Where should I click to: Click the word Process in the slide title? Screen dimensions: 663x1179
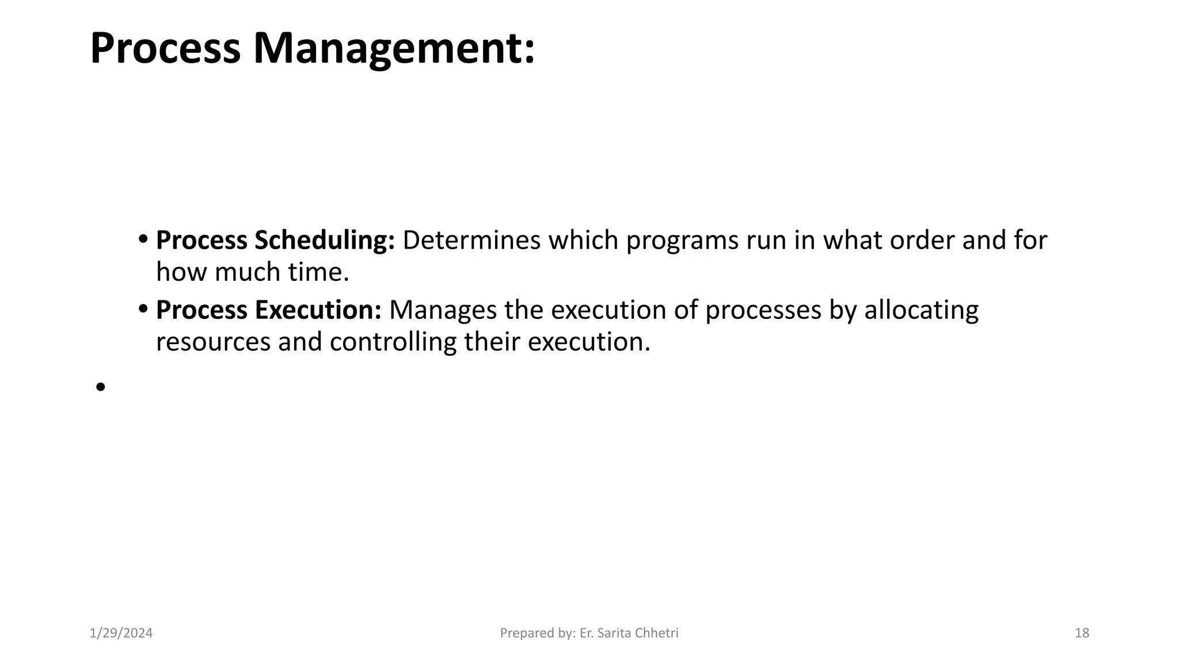(165, 49)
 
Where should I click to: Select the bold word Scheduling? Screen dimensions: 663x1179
(325, 241)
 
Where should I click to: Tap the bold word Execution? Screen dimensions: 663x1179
(318, 310)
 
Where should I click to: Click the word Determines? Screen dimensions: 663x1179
(471, 241)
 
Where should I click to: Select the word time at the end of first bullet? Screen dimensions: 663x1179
(318, 272)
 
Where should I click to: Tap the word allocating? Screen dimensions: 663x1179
(921, 310)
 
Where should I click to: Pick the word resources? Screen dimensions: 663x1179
(214, 342)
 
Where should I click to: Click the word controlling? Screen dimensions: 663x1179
(393, 342)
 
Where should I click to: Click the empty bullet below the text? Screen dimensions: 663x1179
(101, 387)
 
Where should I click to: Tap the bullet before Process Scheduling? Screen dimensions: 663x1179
(143, 239)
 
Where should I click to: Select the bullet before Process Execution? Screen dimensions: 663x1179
(143, 309)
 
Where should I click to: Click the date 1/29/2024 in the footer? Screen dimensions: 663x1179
(121, 633)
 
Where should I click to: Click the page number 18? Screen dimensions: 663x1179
(1082, 633)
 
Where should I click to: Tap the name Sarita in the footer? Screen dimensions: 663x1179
(615, 633)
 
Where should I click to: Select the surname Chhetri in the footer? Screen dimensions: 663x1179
(657, 633)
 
